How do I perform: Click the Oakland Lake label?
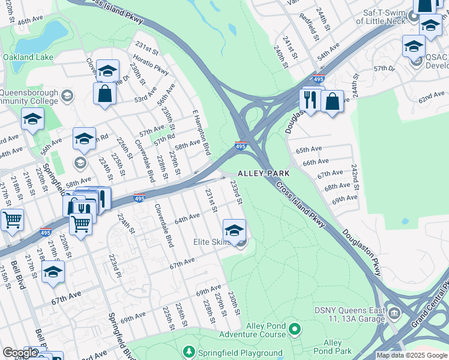(28, 58)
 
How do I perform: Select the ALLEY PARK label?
(264, 173)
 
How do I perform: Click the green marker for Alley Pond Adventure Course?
(294, 328)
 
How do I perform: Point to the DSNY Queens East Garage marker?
(394, 313)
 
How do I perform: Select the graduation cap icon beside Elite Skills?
(234, 228)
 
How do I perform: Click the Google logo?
(20, 353)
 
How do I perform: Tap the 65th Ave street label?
(309, 149)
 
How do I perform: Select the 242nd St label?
(355, 178)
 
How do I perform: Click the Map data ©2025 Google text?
(411, 355)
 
